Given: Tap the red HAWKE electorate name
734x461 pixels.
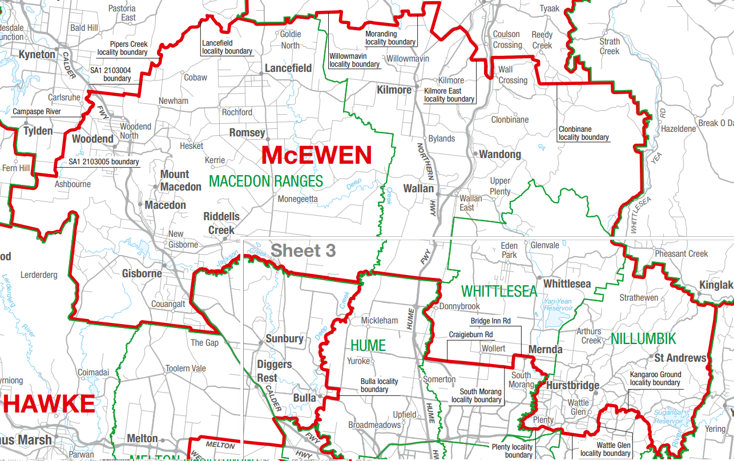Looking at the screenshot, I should (x=49, y=404).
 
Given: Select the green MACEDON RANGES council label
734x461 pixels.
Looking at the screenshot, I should (x=266, y=181).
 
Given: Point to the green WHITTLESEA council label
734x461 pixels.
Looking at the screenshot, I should (x=499, y=292).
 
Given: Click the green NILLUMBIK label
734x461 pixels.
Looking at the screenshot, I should (x=643, y=339).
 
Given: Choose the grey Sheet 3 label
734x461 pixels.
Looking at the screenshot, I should (x=303, y=250).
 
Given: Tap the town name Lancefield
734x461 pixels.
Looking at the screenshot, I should (x=288, y=68).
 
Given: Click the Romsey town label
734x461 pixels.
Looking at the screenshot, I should (x=247, y=133).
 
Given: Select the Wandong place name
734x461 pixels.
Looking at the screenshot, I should (x=500, y=155).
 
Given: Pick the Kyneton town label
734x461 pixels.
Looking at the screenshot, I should (x=37, y=55).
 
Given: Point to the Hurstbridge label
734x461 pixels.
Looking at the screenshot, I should (x=572, y=386).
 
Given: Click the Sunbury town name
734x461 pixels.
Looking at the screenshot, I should (x=284, y=339).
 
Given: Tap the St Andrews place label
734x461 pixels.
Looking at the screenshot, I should (x=680, y=358).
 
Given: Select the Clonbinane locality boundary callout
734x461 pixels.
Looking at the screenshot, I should (x=583, y=134).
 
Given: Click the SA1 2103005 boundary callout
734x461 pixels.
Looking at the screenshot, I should (x=104, y=162).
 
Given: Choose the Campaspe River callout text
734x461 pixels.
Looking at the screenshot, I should (x=37, y=112).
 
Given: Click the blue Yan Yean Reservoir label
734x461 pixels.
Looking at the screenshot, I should (x=558, y=305).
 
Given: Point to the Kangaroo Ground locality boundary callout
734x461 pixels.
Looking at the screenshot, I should (x=655, y=379).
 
